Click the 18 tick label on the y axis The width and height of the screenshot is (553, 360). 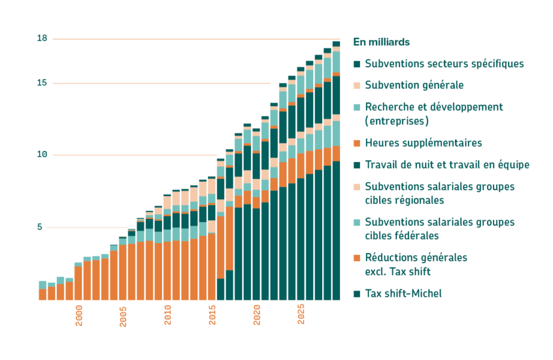coord(42,38)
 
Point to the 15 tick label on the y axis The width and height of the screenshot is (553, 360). coord(42,83)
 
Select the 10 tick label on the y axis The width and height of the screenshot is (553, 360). coord(42,155)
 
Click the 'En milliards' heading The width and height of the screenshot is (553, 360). coord(381,42)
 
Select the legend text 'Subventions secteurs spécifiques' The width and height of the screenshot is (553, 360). coord(444,64)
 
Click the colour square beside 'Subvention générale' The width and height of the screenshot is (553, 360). coord(357,85)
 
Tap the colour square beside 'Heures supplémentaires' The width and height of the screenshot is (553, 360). coord(357,143)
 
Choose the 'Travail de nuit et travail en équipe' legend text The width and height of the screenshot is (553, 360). coord(447,164)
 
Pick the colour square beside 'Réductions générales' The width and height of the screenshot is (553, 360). coord(357,257)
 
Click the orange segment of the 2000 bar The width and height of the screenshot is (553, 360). coord(79,283)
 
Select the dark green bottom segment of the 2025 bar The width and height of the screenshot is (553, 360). coord(301,240)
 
